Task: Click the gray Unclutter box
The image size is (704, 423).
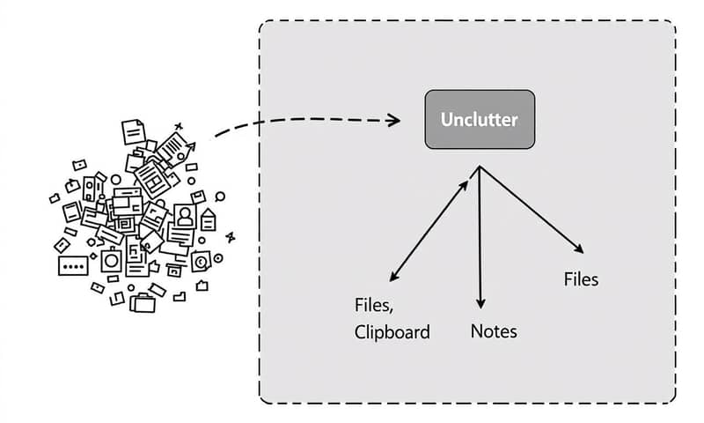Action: (480, 119)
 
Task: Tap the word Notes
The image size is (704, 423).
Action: (494, 331)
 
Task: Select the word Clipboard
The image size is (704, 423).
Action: (392, 332)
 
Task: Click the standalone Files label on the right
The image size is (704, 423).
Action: (581, 279)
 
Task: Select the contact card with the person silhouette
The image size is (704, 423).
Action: (185, 215)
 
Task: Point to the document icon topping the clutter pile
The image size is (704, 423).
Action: (133, 131)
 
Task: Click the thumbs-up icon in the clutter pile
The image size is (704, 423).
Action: (154, 263)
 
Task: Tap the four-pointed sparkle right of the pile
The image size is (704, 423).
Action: (231, 236)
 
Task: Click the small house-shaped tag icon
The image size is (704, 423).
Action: (209, 218)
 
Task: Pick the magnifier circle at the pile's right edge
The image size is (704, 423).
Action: (219, 197)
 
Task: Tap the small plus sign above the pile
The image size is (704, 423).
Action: (179, 127)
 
